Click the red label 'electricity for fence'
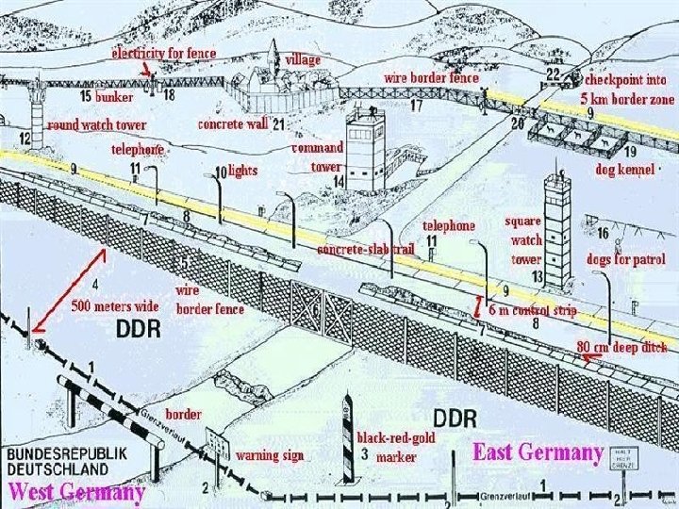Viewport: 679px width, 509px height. coord(164,54)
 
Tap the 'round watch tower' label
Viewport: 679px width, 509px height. coord(97,124)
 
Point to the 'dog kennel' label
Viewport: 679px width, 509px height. coord(623,171)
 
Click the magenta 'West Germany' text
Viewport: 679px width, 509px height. coord(76,491)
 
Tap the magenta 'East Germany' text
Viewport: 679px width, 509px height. coord(538,452)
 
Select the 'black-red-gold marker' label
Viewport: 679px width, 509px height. coord(395,448)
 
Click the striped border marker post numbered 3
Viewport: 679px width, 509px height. coord(348,442)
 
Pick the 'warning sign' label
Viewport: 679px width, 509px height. coord(270,455)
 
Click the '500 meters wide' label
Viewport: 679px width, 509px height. coord(116,306)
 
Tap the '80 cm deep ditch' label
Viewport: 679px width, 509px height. coord(621,346)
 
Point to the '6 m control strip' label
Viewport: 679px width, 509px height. coord(538,310)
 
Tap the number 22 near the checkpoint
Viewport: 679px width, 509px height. coord(554,74)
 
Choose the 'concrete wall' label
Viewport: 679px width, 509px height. coord(232,123)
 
